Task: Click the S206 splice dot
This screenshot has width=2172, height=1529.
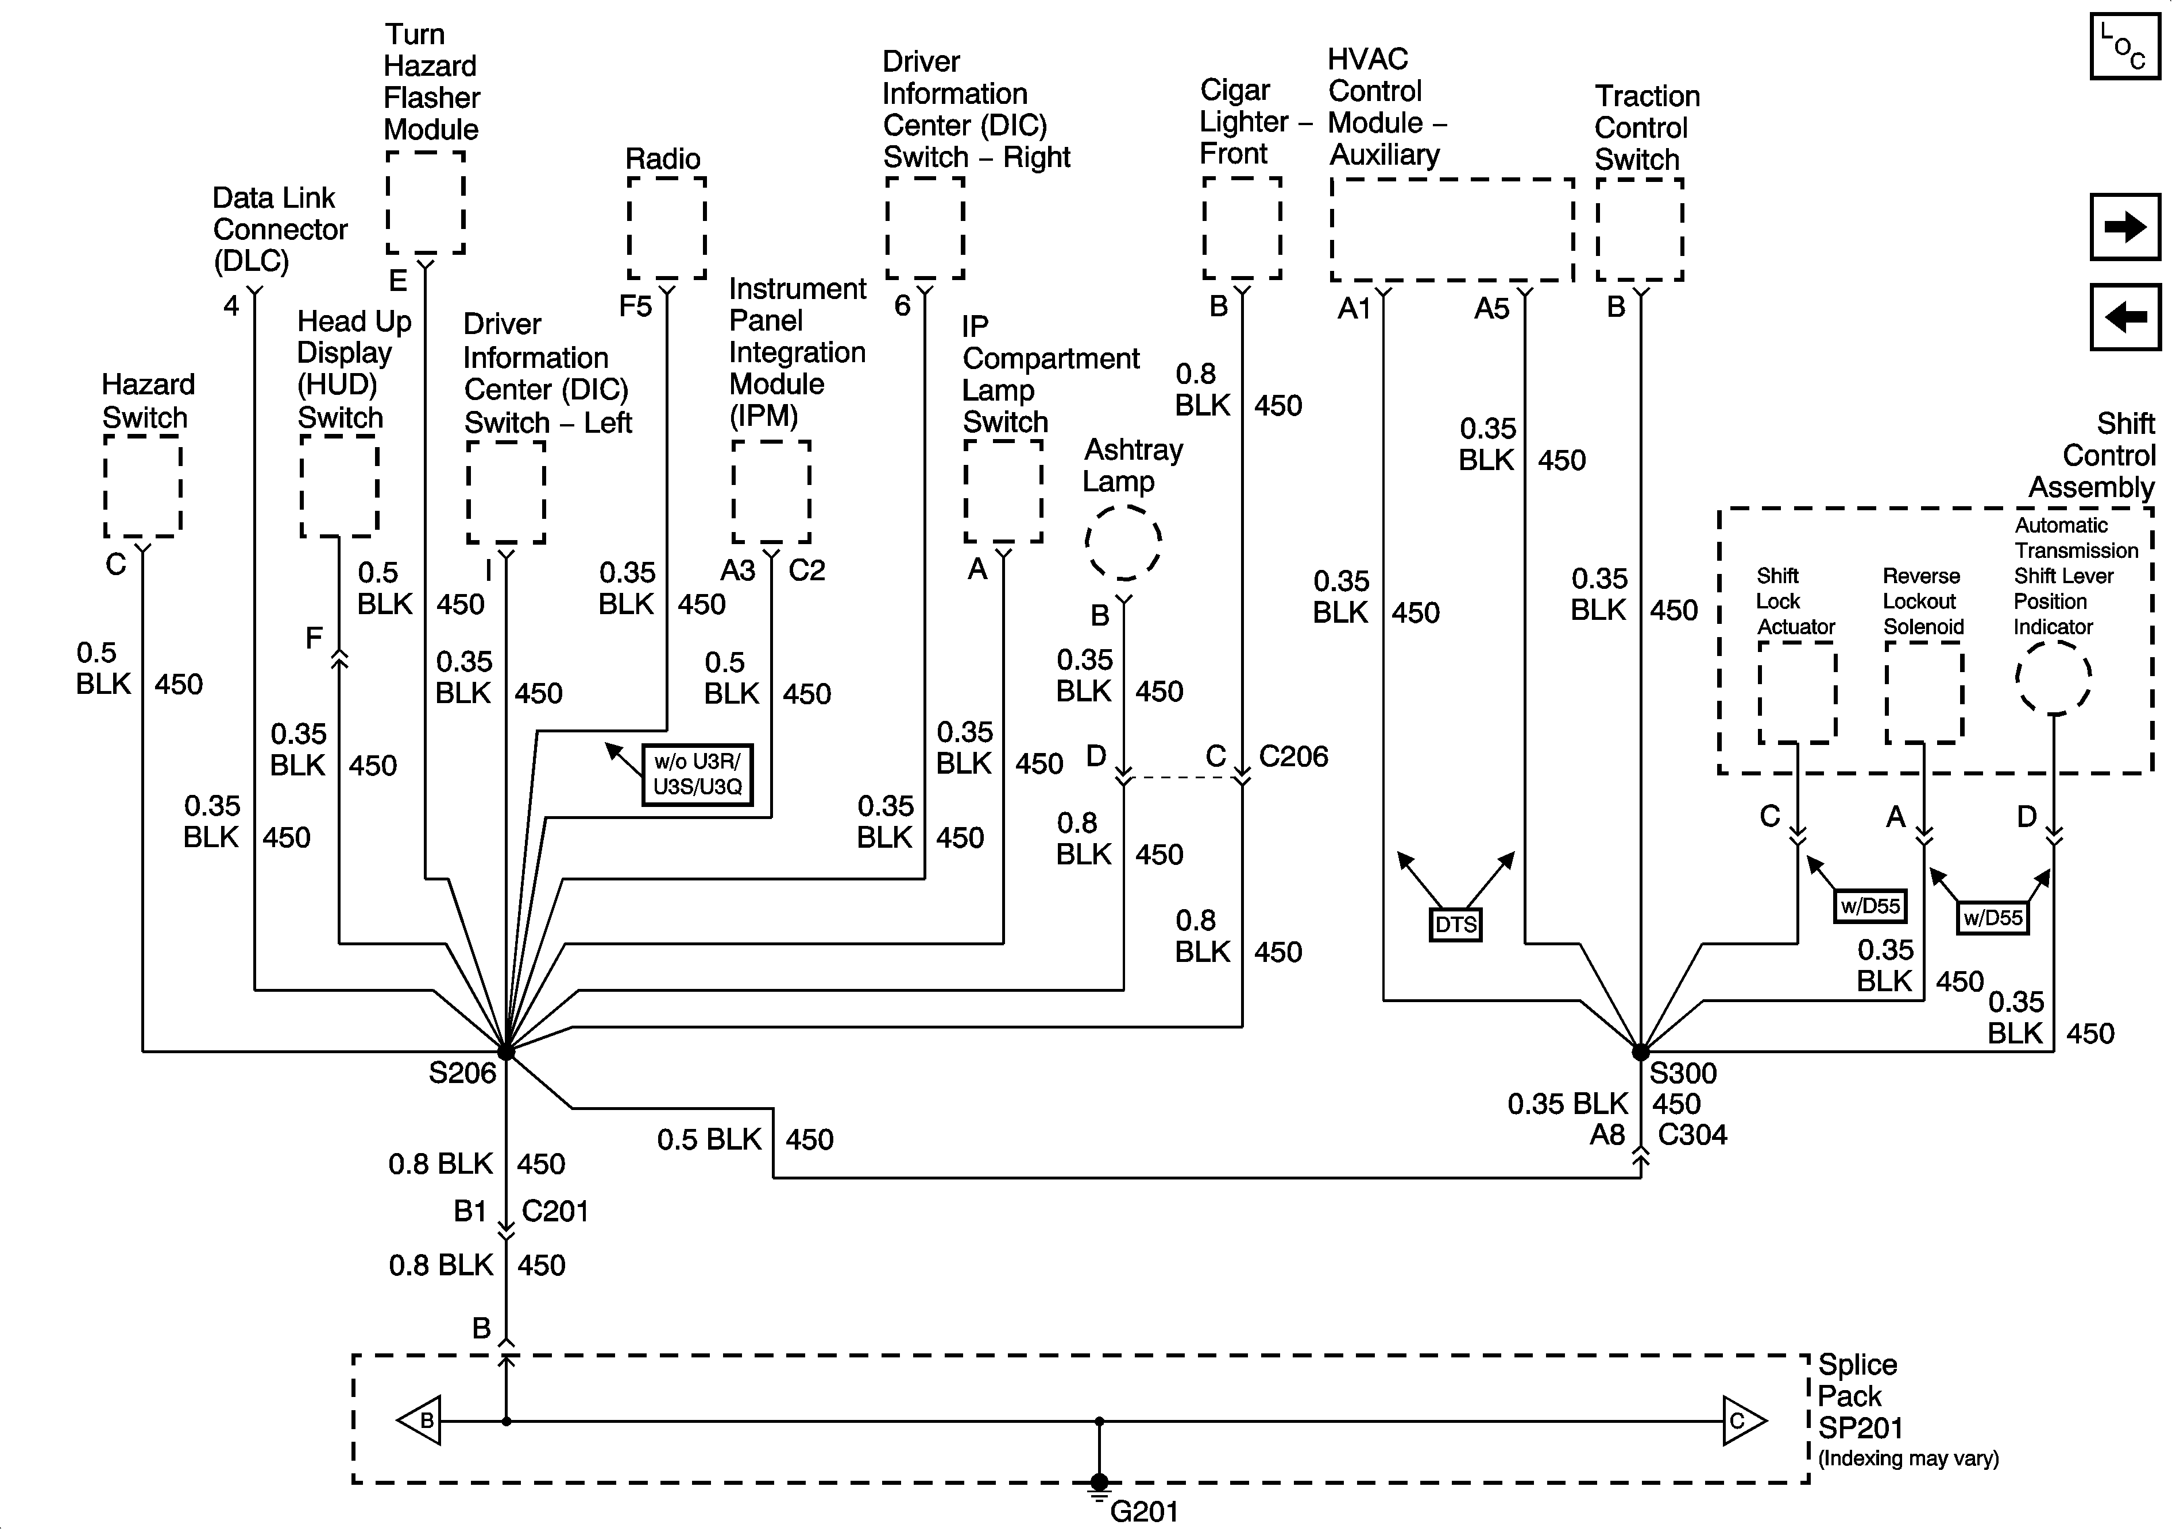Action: coord(506,1051)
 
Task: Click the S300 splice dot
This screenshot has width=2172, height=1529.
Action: coord(1640,1051)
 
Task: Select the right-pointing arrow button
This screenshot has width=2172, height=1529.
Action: coord(2125,227)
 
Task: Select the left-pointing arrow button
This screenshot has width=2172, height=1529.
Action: coord(2125,317)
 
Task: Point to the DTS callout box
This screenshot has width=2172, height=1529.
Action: coord(1455,925)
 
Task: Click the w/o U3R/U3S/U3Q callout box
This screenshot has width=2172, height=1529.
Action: coord(697,774)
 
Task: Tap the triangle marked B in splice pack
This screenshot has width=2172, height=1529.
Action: coord(420,1421)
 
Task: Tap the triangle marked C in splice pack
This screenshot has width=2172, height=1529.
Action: coord(1742,1421)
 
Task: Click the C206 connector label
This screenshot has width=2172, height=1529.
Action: coord(1293,756)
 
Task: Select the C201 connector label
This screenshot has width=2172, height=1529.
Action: coord(555,1211)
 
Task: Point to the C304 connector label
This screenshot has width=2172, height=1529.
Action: coord(1692,1135)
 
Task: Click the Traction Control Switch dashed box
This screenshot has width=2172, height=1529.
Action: coord(1640,230)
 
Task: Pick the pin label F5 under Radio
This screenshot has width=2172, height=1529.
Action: coord(636,306)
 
